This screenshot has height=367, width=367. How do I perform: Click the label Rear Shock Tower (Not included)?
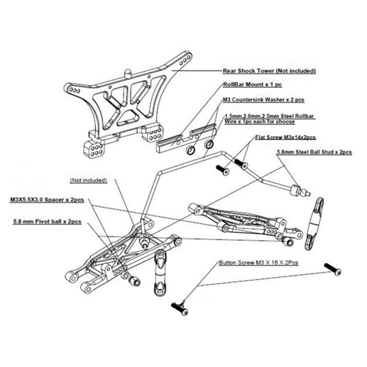pos(269,71)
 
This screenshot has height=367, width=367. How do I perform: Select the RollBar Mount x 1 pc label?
pos(252,85)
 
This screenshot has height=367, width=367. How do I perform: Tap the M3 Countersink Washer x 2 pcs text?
pos(263,99)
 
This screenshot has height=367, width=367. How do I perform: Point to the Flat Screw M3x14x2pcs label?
pos(286,138)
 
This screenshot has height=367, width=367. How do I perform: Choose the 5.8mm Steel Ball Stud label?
pos(314,152)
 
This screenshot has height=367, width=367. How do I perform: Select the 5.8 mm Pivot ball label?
pos(47,222)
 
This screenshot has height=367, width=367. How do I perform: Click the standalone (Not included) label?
pos(88,180)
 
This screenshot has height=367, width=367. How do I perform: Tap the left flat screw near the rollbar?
pos(222,170)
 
